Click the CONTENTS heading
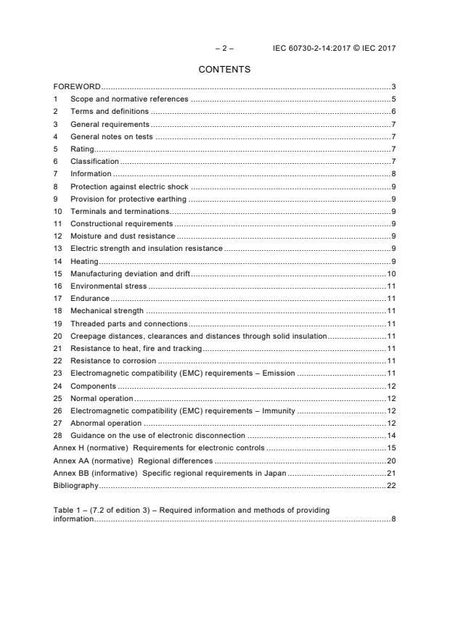224,70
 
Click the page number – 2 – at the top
224,49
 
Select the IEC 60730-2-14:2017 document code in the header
314,49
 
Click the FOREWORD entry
77,87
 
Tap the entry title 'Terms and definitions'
109,112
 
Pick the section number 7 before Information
56,173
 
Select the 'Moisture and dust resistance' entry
122,236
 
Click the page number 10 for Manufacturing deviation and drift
390,273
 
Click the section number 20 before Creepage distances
58,336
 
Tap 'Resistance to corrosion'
112,360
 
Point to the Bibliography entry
75,485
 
